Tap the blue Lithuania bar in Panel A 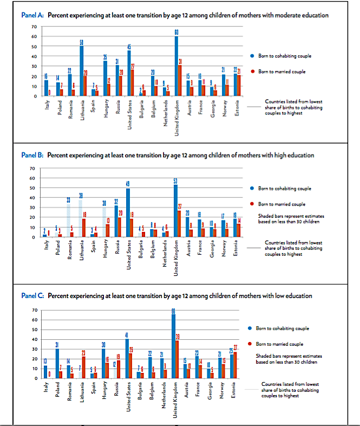[82, 71]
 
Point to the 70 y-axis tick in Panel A [34, 27]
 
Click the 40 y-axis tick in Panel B [34, 198]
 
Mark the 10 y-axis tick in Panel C [34, 369]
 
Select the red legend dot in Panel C [252, 344]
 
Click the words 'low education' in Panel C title [292, 296]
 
